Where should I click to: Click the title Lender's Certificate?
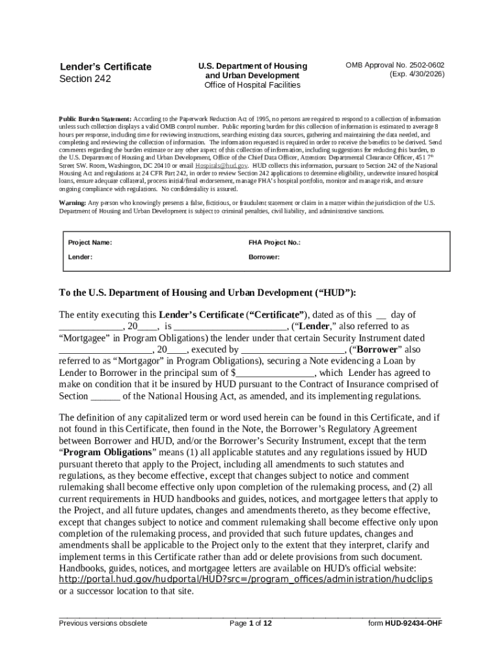point(105,66)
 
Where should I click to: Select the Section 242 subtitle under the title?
point(85,79)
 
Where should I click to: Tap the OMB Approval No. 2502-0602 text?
point(395,66)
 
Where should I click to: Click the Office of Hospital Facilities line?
point(252,85)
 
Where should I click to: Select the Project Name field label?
point(90,243)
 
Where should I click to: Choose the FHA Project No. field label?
point(274,243)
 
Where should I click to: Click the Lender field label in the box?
point(80,257)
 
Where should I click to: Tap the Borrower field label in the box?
point(264,257)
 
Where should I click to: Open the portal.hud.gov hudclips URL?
point(245,579)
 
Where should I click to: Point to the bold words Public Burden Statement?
point(95,120)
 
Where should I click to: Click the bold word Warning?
point(72,203)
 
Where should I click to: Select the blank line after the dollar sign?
point(275,373)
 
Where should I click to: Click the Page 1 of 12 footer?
point(251,623)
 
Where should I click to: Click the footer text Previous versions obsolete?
point(103,623)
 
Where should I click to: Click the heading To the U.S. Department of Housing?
point(208,292)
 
